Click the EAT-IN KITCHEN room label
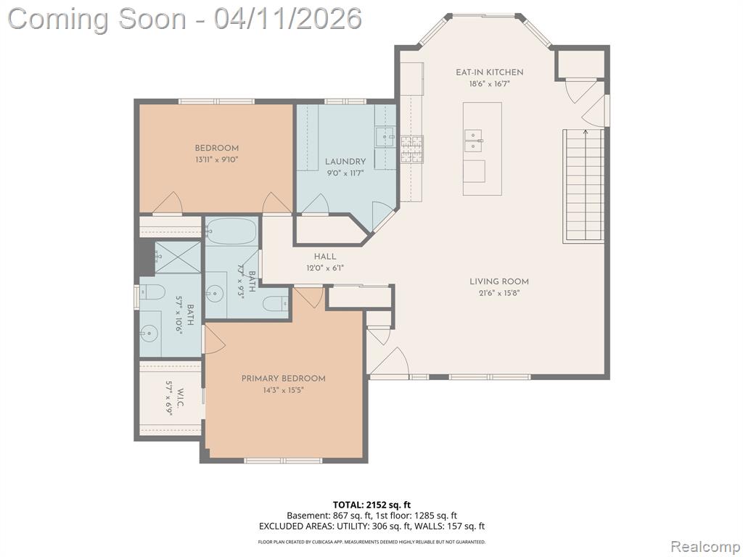tap(490, 73)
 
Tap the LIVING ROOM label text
tap(499, 281)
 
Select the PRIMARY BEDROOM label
tap(284, 379)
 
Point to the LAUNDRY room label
tap(345, 162)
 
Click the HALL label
tap(325, 257)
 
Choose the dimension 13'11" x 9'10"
tap(216, 160)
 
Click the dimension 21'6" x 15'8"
tap(499, 293)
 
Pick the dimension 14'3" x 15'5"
tap(284, 390)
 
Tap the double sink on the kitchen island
tap(473, 141)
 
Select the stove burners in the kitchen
tap(411, 149)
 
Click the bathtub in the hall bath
tap(231, 231)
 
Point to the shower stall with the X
tap(178, 257)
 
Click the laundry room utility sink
tap(385, 137)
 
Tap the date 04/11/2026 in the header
tap(287, 19)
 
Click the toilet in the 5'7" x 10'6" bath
tap(152, 292)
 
